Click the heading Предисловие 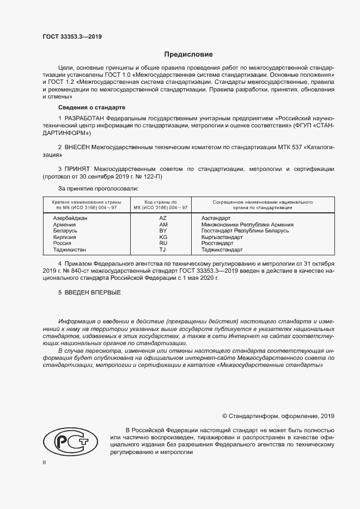pyautogui.click(x=189, y=54)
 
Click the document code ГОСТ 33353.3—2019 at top pyautogui.click(x=72, y=37)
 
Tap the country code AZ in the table pyautogui.click(x=162, y=218)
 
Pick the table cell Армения pyautogui.click(x=65, y=224)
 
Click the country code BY pyautogui.click(x=162, y=231)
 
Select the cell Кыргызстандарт pyautogui.click(x=223, y=237)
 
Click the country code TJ pyautogui.click(x=162, y=250)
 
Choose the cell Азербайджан pyautogui.click(x=70, y=218)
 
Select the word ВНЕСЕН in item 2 pyautogui.click(x=79, y=148)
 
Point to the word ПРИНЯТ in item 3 pyautogui.click(x=79, y=169)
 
